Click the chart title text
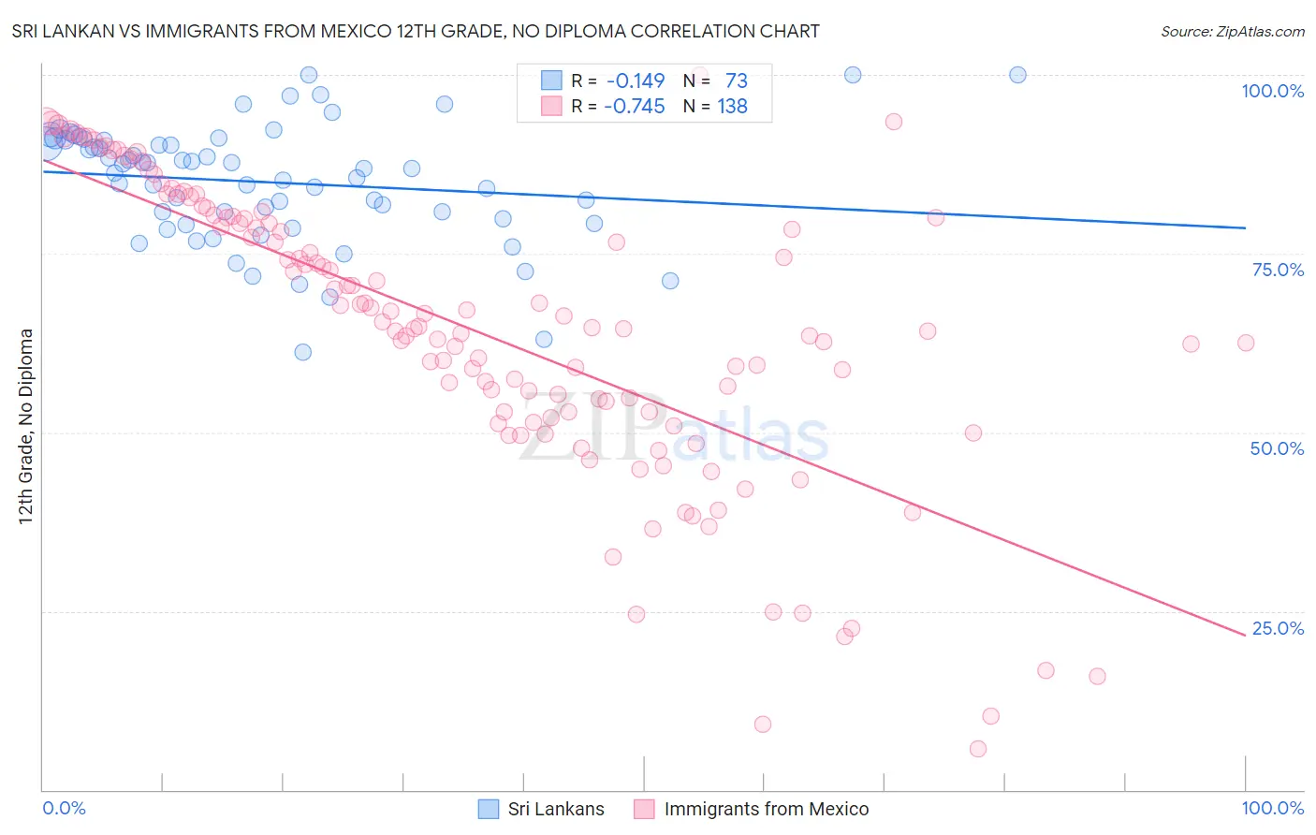click(x=416, y=31)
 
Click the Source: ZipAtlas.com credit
click(x=1232, y=31)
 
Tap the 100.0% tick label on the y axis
click(x=1272, y=91)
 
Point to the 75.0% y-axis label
click(x=1278, y=270)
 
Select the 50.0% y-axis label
click(x=1277, y=448)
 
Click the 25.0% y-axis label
click(x=1278, y=628)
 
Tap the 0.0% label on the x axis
click(x=65, y=808)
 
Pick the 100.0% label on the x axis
click(x=1272, y=808)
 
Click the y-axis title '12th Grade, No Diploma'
click(x=26, y=426)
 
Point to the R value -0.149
click(x=636, y=81)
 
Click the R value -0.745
click(x=635, y=107)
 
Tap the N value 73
click(x=736, y=81)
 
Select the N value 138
click(x=732, y=107)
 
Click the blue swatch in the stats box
click(x=551, y=81)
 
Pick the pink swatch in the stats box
click(x=551, y=106)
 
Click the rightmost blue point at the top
click(x=1017, y=75)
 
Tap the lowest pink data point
click(x=978, y=749)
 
